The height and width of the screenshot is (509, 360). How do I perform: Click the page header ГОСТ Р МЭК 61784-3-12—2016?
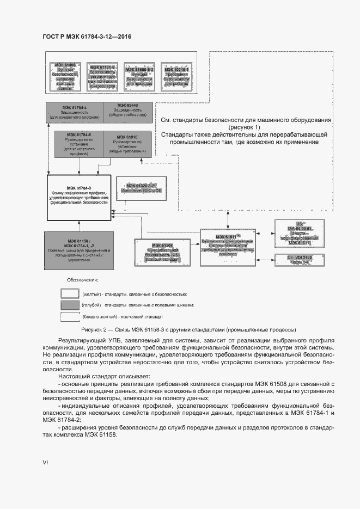tap(87, 36)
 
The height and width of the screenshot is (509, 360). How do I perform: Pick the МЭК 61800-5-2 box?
tap(140, 77)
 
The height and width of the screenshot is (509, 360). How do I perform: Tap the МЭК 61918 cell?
tap(126, 143)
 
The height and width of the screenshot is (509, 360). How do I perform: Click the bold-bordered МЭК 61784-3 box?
tap(80, 198)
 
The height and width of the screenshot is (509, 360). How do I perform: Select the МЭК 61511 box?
tap(228, 247)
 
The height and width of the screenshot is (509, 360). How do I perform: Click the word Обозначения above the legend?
tap(83, 280)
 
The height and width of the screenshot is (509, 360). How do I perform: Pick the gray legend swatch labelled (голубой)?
tap(70, 305)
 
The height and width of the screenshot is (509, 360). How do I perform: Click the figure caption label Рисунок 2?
tap(96, 329)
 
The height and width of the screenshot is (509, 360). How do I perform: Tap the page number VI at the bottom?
tap(46, 463)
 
